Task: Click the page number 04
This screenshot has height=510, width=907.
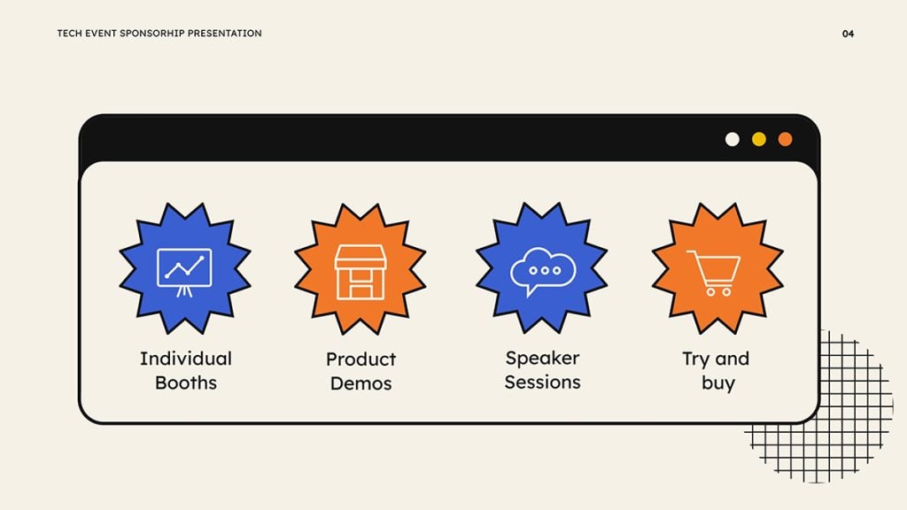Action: coord(848,34)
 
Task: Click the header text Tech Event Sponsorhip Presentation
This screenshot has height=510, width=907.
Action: coord(159,34)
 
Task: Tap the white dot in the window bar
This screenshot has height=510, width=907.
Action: coord(733,139)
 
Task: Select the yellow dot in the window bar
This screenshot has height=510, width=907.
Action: coord(759,139)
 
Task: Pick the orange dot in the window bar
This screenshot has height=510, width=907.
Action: coord(785,139)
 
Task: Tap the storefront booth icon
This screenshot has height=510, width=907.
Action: coord(360,272)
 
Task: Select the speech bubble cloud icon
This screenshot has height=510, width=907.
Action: coord(542,270)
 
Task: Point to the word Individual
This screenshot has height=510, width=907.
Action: coord(186,359)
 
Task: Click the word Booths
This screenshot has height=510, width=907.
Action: coord(186,382)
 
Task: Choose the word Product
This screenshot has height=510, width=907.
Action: coord(360,359)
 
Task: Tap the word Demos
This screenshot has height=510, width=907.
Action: coord(360,383)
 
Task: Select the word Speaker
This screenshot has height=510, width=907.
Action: coord(542,359)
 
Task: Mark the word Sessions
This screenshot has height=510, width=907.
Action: coord(542,382)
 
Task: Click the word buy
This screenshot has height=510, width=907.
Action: coord(717,383)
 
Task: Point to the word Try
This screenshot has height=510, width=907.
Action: coord(696,359)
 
